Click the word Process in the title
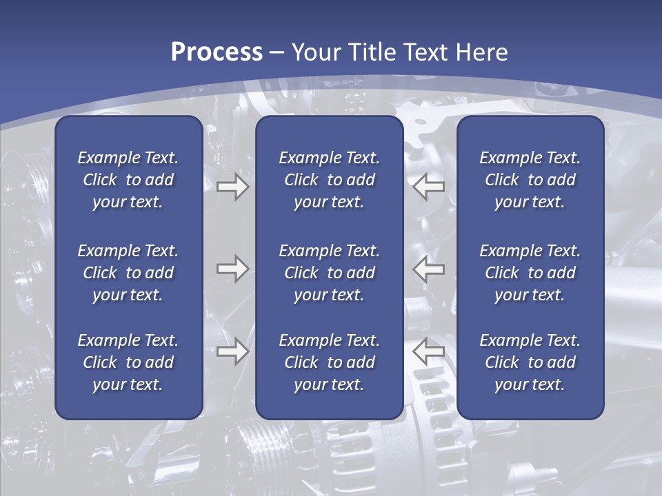click(217, 52)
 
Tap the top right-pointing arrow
click(232, 187)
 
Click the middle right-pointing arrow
click(232, 269)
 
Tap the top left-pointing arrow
click(429, 187)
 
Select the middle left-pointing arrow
click(429, 269)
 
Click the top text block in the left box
click(128, 180)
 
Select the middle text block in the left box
click(128, 273)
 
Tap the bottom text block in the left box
click(128, 362)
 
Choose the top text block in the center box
click(329, 180)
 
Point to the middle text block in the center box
click(329, 273)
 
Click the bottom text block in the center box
click(329, 362)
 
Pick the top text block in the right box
click(530, 180)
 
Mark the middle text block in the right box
click(530, 273)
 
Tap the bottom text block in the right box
click(530, 362)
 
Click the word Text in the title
click(423, 52)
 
